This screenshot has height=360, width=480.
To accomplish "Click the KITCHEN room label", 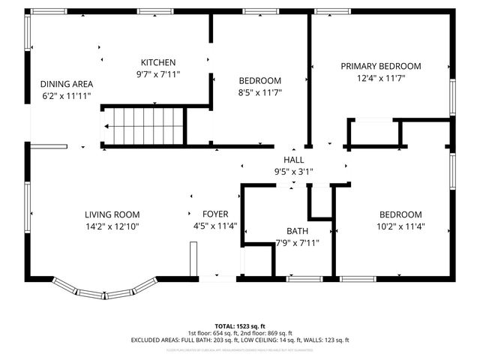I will tap(158, 62).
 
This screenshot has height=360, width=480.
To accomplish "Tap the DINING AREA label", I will tap(66, 84).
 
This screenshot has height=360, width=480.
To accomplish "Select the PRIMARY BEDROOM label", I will tap(381, 66).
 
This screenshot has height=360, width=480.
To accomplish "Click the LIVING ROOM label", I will tap(112, 214).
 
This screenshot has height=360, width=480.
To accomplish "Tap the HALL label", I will tap(293, 160).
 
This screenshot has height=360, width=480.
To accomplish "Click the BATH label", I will tap(297, 231).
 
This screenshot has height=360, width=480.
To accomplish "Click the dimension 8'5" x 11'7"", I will tap(260, 92).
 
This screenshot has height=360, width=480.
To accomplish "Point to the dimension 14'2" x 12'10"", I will tap(112, 226).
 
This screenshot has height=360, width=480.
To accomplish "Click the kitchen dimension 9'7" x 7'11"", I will tap(158, 74).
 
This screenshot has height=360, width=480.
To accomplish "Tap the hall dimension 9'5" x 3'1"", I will tap(293, 172).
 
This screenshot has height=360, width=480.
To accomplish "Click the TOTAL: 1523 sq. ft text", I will tap(240, 326).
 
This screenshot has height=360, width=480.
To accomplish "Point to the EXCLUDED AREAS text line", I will tap(240, 340).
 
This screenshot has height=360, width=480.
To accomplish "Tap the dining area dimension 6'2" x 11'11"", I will tap(66, 96).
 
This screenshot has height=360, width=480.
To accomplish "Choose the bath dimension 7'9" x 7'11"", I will tap(297, 242).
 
